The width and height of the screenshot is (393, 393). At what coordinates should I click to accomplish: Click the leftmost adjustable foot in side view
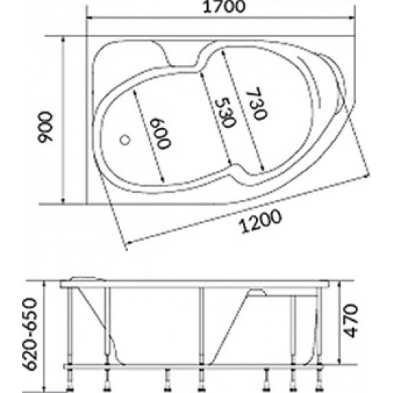(x=74, y=374)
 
